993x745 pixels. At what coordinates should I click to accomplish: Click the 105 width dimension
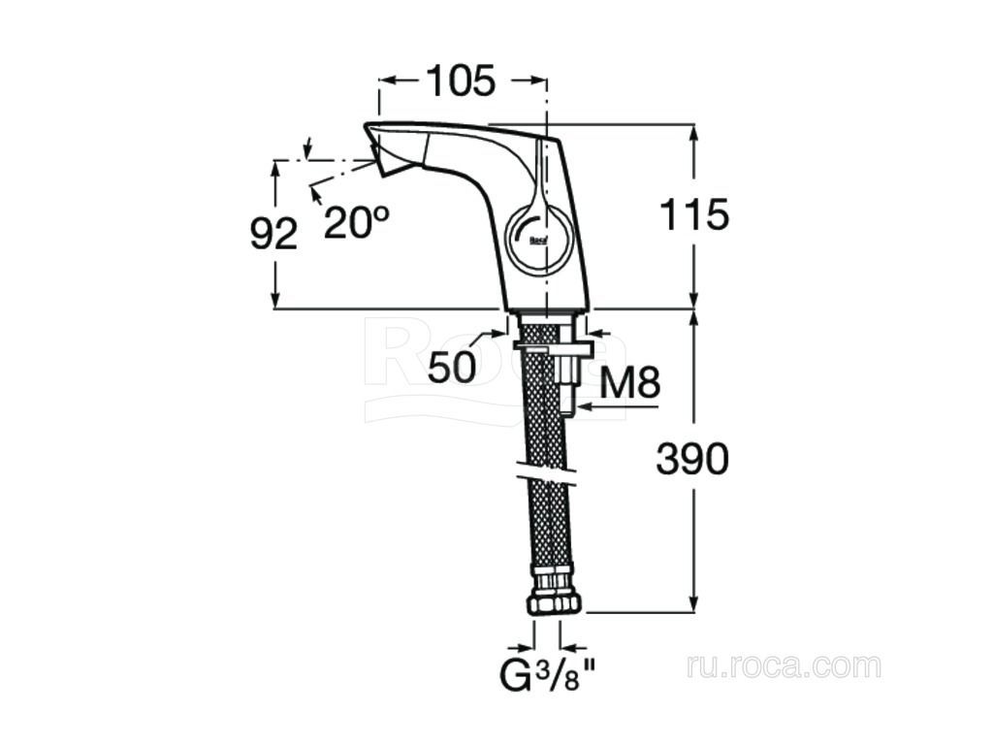[460, 81]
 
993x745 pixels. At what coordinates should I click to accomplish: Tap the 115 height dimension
[694, 214]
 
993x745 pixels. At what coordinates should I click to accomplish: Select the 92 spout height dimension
[273, 234]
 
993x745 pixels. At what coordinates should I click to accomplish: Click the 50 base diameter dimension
[452, 367]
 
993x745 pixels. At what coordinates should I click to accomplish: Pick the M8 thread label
[629, 382]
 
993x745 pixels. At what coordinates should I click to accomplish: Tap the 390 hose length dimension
[692, 459]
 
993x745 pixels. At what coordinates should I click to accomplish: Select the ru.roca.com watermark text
[784, 667]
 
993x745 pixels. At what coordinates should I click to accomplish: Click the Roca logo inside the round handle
[538, 241]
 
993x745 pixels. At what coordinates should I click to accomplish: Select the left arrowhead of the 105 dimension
[389, 81]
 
